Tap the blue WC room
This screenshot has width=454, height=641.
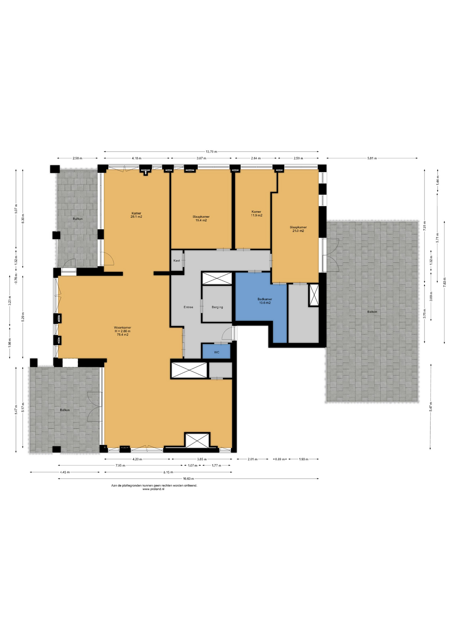(x=216, y=351)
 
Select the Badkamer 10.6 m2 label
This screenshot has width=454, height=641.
(x=265, y=301)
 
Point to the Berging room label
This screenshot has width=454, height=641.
(x=217, y=307)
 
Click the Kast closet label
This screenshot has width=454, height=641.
(x=177, y=260)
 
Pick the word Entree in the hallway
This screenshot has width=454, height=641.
(x=188, y=307)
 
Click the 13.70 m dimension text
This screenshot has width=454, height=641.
(x=211, y=152)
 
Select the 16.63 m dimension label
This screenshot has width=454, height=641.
(x=188, y=479)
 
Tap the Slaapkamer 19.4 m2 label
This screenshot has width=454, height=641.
(x=201, y=218)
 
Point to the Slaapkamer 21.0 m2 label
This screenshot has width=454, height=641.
(x=298, y=229)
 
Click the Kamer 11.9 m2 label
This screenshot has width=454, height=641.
(x=256, y=213)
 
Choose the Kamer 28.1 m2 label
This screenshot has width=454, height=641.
(x=136, y=215)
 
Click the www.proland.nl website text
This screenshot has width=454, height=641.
(x=153, y=489)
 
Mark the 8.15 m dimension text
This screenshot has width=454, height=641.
(x=168, y=472)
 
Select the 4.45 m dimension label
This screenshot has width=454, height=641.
(x=65, y=472)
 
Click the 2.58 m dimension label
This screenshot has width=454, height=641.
(x=77, y=158)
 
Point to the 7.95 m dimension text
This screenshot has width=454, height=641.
(x=120, y=465)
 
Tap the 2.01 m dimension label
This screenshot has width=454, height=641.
(x=252, y=459)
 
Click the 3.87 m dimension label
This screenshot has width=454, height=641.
(x=201, y=158)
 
